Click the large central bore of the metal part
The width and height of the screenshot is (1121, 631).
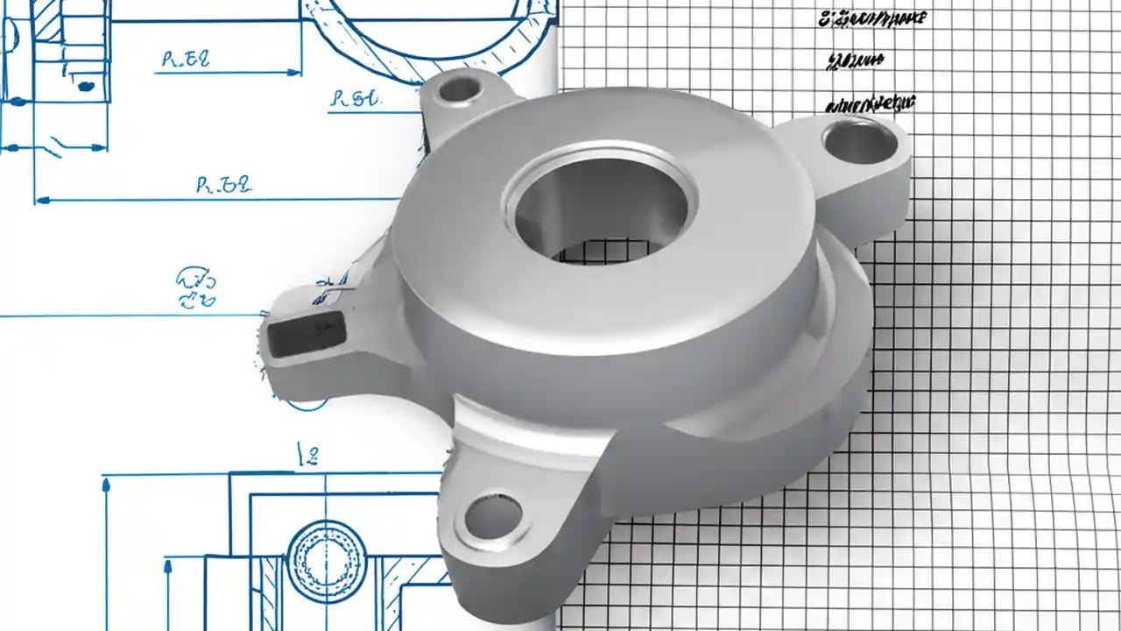[x=601, y=210]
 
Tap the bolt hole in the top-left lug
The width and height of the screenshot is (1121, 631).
[x=459, y=89]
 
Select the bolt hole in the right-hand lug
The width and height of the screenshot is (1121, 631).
[x=858, y=140]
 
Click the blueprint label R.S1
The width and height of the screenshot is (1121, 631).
[x=356, y=99]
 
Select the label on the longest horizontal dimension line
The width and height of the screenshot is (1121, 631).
[x=223, y=184]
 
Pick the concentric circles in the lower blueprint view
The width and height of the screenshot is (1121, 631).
[x=325, y=561]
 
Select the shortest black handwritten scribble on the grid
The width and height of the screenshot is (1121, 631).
[x=853, y=60]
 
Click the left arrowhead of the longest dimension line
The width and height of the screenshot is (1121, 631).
[x=40, y=200]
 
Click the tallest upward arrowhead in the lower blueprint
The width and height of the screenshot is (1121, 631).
[x=106, y=481]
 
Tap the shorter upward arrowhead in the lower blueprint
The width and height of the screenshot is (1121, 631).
[x=167, y=565]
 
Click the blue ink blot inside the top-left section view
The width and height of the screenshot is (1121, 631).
[x=85, y=85]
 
